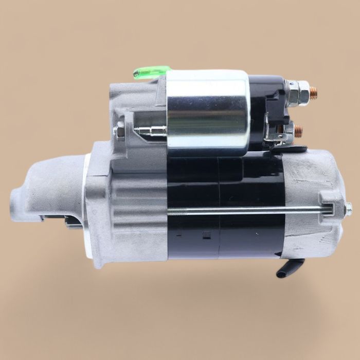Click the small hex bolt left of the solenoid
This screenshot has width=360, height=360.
point(120,132)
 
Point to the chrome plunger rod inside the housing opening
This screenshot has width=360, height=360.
point(151,131)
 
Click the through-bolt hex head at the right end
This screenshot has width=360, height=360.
point(348,208)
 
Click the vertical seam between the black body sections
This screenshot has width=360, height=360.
point(219,206)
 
